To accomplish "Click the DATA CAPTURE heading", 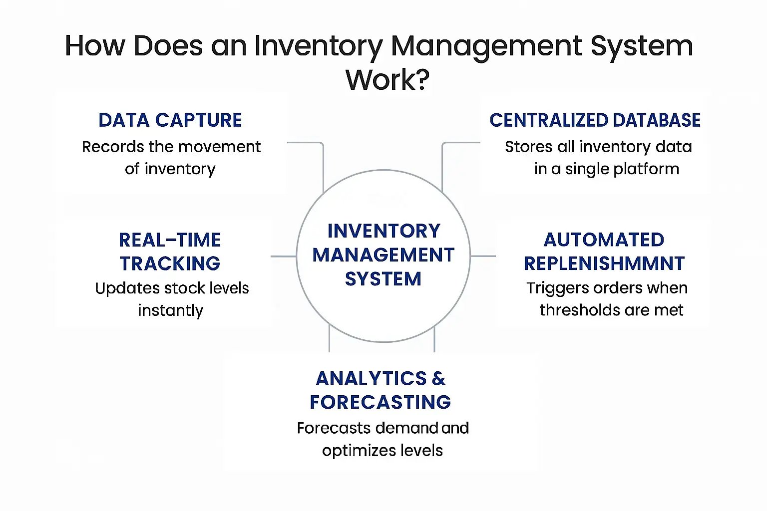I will click(170, 120).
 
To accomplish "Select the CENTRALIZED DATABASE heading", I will click(595, 120).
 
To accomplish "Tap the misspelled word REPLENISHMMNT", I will click(604, 263).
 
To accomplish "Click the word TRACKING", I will click(170, 263).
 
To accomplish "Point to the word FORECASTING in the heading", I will click(380, 402).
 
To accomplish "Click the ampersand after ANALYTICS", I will click(439, 379).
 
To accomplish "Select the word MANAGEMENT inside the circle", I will click(383, 255).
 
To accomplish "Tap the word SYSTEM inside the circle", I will click(383, 279).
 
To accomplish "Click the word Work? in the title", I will click(387, 79).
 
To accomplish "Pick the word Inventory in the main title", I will click(318, 46).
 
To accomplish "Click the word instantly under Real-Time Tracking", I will click(170, 310).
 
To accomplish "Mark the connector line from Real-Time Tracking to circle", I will click(283, 256).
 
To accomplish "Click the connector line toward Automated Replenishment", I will click(483, 256).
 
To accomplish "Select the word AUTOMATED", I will click(604, 240).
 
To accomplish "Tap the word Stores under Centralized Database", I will click(528, 147).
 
